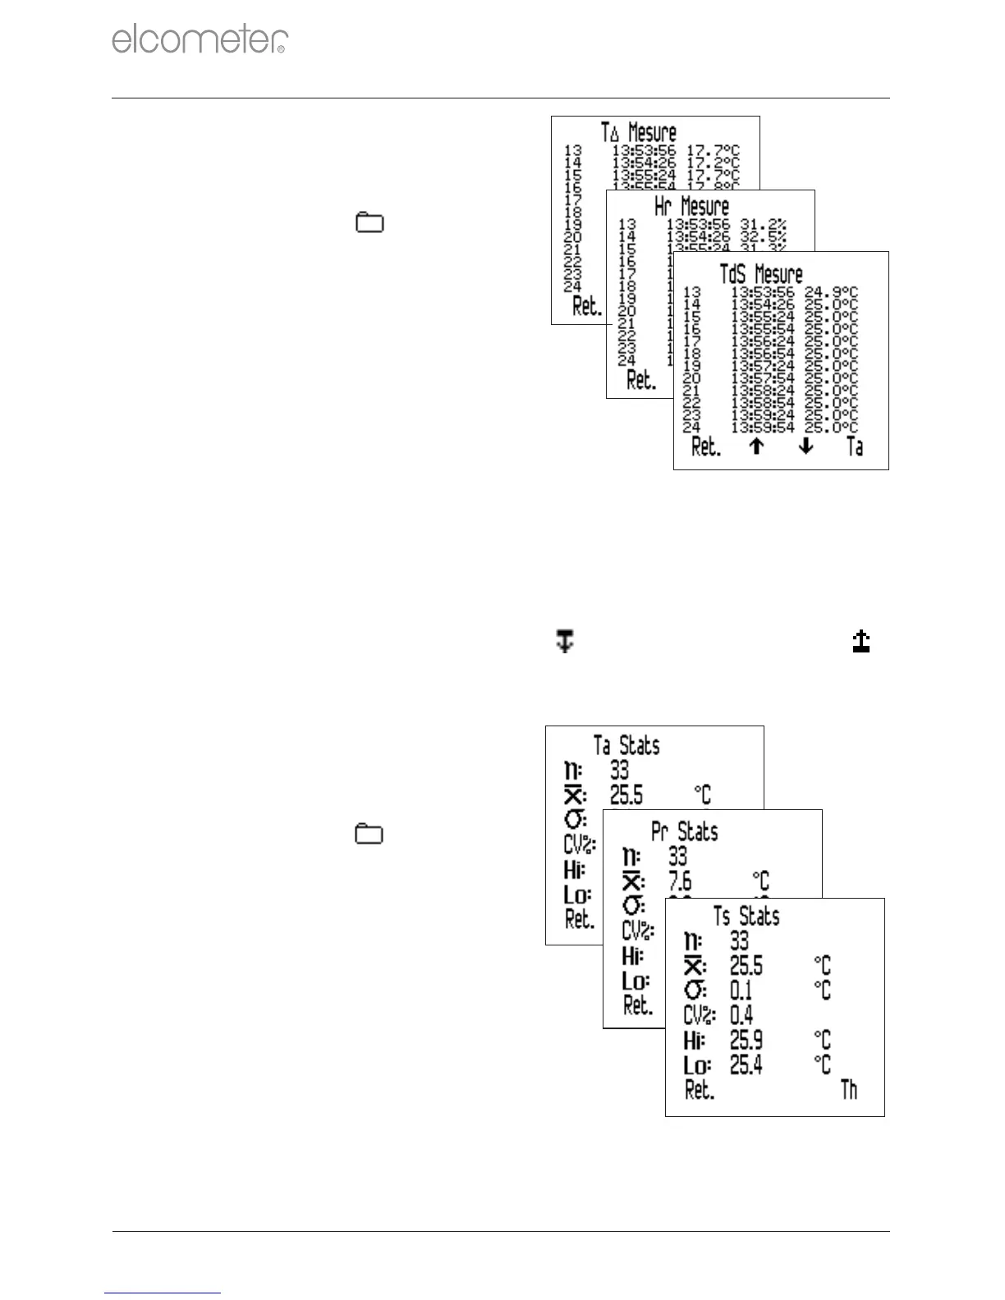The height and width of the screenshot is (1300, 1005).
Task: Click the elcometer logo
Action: (200, 39)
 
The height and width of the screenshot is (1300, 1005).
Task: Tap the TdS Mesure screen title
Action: (761, 273)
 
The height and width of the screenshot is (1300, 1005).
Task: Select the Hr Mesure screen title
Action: (691, 206)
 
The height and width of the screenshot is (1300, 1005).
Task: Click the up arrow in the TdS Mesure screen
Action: (756, 446)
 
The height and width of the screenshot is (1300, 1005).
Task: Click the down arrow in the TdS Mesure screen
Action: (806, 446)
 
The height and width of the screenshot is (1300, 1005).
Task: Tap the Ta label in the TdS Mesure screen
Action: (855, 446)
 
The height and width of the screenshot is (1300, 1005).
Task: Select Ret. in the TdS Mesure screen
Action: (706, 447)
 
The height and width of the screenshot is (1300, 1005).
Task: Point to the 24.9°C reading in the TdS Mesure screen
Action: (831, 292)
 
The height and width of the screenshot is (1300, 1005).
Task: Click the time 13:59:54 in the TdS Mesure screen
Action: (763, 428)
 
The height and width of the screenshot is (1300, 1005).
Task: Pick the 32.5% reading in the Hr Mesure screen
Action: (764, 236)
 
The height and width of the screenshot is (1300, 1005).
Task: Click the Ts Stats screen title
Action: (746, 916)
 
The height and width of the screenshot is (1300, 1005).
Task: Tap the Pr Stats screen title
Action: (685, 831)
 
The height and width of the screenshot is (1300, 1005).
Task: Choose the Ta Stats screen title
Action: (626, 745)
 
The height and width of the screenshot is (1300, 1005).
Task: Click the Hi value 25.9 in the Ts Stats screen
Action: (746, 1041)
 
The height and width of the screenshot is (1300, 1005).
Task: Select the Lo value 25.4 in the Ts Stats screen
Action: (746, 1065)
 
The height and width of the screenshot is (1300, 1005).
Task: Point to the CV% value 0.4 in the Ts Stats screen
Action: (741, 1015)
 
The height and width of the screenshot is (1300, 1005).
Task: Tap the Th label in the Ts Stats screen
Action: (849, 1090)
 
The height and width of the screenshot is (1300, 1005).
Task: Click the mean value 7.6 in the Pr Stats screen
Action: (680, 881)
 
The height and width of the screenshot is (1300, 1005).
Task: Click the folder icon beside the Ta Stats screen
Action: (369, 835)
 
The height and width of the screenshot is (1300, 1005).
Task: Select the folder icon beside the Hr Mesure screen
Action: (369, 222)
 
